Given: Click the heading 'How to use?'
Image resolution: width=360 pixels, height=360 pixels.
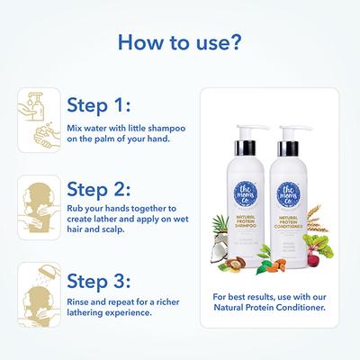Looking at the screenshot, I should (179, 42).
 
